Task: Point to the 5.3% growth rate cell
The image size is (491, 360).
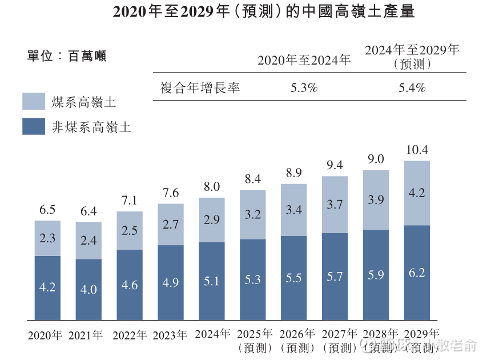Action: pyautogui.click(x=304, y=88)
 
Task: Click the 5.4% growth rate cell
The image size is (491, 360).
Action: pyautogui.click(x=412, y=88)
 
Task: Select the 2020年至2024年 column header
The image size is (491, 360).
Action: pyautogui.click(x=304, y=59)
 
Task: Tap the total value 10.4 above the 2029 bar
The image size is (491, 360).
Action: pyautogui.click(x=417, y=150)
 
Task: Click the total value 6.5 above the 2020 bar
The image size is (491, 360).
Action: pyautogui.click(x=47, y=210)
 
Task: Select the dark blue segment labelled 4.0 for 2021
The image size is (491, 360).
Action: pyautogui.click(x=88, y=289)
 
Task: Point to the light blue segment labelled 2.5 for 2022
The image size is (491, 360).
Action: pyautogui.click(x=130, y=230)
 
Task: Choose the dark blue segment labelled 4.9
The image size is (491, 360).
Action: pyautogui.click(x=171, y=282)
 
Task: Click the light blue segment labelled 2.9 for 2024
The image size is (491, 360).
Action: pyautogui.click(x=212, y=220)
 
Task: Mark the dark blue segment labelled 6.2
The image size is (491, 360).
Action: pyautogui.click(x=417, y=273)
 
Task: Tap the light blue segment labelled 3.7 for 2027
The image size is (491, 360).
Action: pyautogui.click(x=335, y=204)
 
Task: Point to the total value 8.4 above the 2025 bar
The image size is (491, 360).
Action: pyautogui.click(x=253, y=179)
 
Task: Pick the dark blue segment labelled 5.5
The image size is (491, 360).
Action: pyautogui.click(x=293, y=278)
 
